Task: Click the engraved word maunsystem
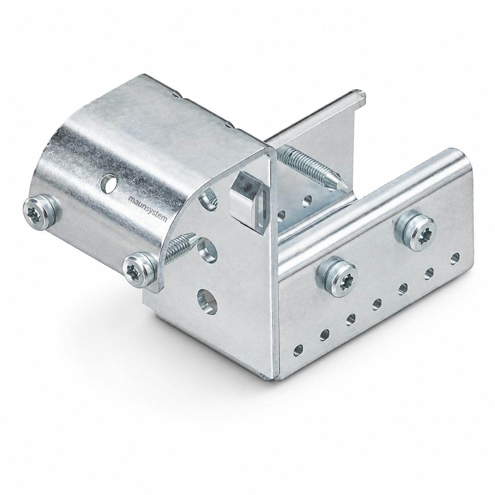pyautogui.click(x=148, y=209)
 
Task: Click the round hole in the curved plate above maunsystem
pyautogui.click(x=109, y=184)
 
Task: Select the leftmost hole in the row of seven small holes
pyautogui.click(x=298, y=350)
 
